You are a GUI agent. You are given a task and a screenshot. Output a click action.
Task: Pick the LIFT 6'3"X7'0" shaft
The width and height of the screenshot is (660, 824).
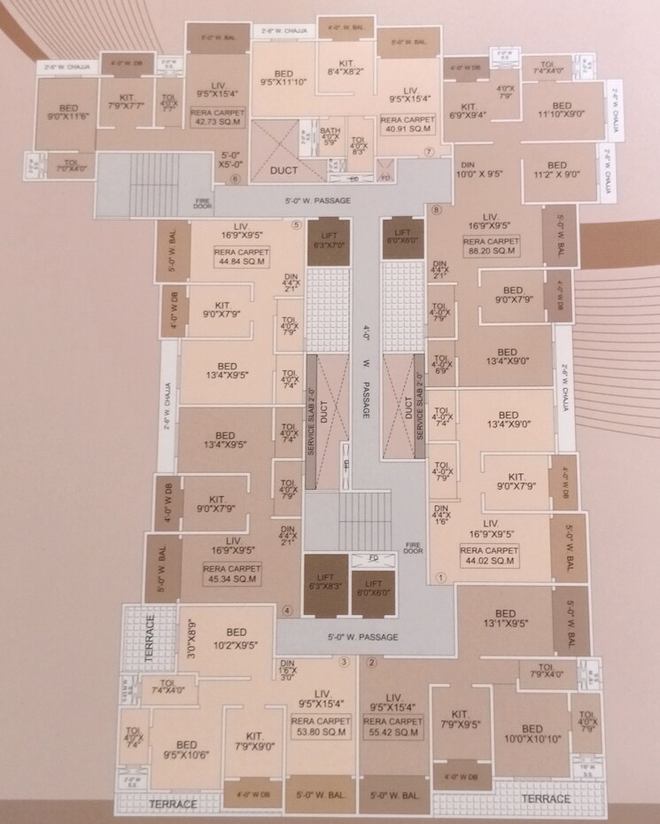click(x=328, y=238)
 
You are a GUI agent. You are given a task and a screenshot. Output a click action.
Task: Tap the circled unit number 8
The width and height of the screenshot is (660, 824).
click(x=428, y=152)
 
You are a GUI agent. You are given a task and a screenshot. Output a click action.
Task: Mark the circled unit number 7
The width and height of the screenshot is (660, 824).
click(x=428, y=152)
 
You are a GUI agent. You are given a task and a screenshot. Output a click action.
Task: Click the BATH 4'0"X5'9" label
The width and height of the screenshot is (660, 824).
click(x=330, y=136)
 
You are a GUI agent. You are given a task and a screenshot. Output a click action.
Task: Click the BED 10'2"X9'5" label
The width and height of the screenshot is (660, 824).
click(x=236, y=638)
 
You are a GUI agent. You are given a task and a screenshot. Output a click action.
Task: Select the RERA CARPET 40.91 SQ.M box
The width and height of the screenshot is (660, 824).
click(x=405, y=123)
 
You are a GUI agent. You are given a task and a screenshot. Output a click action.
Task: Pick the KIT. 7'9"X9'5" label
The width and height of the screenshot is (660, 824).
click(x=459, y=718)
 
